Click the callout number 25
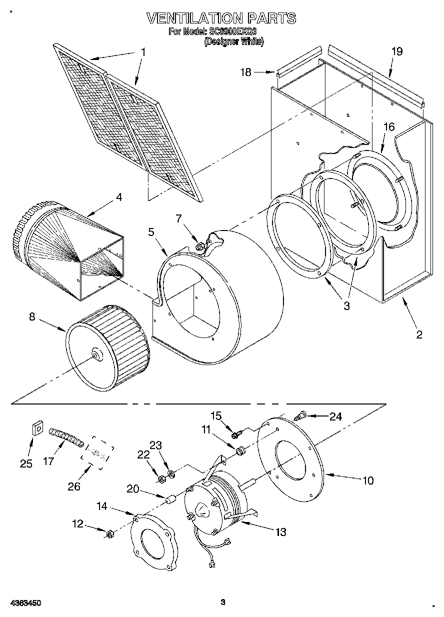tap(26, 463)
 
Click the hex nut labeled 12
tap(109, 534)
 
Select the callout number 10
tap(367, 481)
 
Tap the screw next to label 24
tap(299, 415)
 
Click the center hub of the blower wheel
tap(95, 356)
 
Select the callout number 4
tap(118, 197)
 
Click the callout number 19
tap(396, 50)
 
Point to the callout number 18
tap(245, 72)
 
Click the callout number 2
tap(419, 334)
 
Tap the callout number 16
tap(389, 127)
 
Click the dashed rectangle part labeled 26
tap(97, 453)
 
